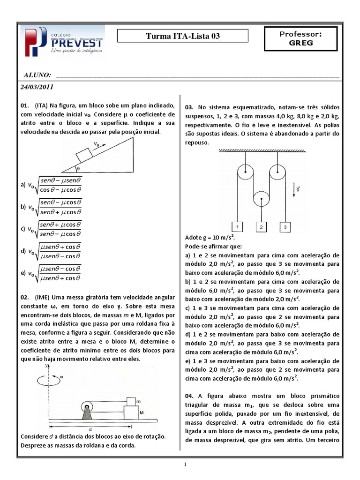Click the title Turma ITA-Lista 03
183,36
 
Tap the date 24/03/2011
37,87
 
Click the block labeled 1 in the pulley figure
237,227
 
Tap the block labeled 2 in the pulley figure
261,227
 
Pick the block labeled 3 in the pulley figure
285,227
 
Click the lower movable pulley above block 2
261,199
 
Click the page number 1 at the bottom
185,465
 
